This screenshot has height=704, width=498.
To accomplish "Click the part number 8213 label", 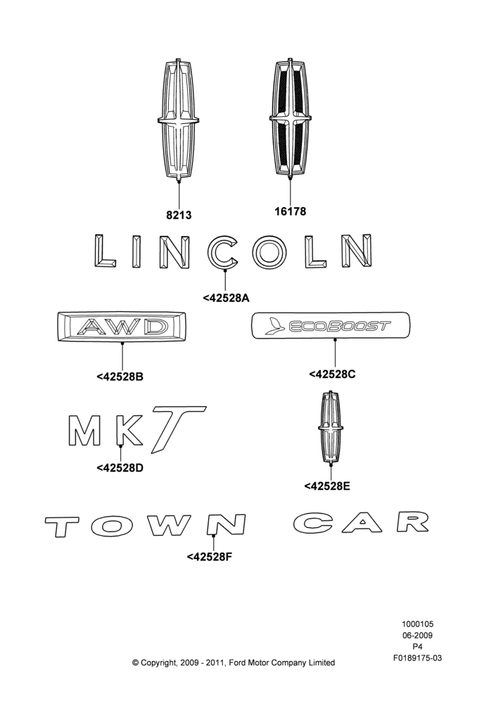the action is coord(179,215).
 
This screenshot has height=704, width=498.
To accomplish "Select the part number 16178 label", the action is coord(290,211).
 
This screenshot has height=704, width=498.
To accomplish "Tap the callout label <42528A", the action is coord(226,298).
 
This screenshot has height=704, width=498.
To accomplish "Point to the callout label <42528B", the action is coord(120,376).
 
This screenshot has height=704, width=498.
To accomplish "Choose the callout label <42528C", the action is coord(332,374).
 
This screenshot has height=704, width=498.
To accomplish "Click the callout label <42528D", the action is coord(120,468).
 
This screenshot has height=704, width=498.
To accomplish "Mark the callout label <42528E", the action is coord(327,486).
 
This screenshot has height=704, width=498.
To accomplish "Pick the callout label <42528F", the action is coord(210,557).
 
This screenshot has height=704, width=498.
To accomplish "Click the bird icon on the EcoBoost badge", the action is coord(274,326).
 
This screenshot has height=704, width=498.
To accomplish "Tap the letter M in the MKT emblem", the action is coord(84,430).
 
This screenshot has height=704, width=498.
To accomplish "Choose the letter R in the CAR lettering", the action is coord(413,522).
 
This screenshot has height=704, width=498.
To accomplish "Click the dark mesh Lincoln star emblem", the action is coord(290,118).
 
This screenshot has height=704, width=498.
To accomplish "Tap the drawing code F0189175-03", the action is coord(417,658).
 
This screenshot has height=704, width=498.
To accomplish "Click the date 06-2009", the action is coord(417,635).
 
